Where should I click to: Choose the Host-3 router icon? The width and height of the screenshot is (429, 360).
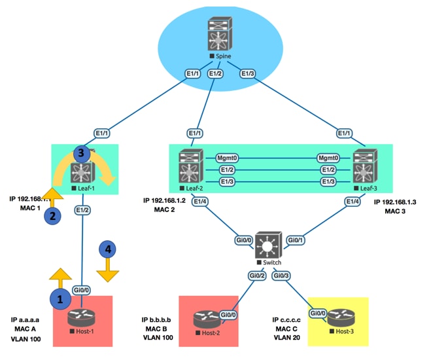(x=339, y=320)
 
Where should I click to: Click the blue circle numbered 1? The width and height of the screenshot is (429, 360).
(x=61, y=298)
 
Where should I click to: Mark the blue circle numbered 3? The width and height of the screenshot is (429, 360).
(x=80, y=154)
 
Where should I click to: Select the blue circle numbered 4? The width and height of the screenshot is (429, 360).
(x=109, y=249)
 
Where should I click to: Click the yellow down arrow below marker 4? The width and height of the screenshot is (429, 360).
(x=109, y=270)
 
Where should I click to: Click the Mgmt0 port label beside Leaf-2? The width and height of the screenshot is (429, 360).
(x=227, y=158)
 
